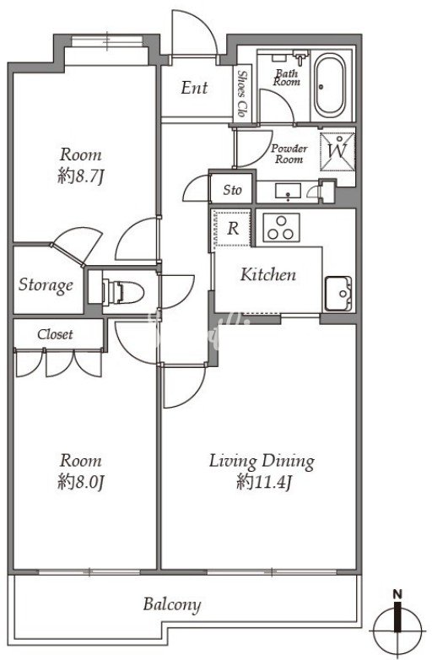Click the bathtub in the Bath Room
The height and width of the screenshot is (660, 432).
[x=330, y=86]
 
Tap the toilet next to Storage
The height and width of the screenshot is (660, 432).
[x=123, y=291]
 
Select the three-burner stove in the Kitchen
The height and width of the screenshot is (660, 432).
[x=282, y=227]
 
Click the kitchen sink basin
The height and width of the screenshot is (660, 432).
[x=337, y=294]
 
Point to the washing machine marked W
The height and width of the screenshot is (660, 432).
[x=337, y=152]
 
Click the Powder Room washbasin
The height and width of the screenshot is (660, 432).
[x=288, y=191]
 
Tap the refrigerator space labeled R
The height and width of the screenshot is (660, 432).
[x=232, y=230]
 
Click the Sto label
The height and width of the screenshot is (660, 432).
[x=232, y=190]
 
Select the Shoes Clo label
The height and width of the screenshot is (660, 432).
[x=242, y=94]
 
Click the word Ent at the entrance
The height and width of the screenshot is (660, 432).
[x=194, y=88]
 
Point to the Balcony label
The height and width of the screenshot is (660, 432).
[x=172, y=604]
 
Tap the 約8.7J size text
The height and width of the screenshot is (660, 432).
[x=81, y=177]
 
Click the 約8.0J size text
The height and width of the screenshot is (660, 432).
[x=81, y=483]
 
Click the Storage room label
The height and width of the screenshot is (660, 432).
[x=46, y=285]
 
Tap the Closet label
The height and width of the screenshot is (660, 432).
[x=55, y=334]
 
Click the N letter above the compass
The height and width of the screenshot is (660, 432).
[x=397, y=594]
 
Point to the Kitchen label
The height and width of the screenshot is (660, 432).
[x=268, y=274]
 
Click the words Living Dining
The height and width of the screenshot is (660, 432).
[x=262, y=462]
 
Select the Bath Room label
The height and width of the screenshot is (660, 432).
[x=287, y=78]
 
